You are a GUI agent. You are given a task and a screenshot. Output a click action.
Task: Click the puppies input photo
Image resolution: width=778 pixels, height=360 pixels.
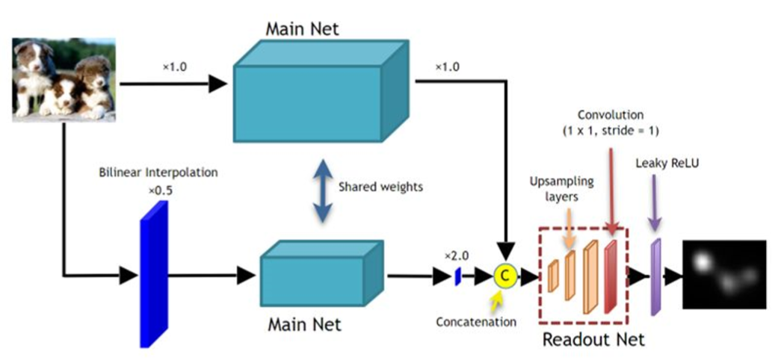click(64, 81)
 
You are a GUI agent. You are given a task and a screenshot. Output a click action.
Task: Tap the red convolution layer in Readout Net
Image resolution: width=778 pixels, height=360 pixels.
click(611, 276)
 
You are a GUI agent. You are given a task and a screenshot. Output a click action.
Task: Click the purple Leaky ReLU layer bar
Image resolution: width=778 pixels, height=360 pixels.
click(656, 276)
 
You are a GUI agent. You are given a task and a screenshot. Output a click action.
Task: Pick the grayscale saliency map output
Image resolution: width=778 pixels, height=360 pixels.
click(724, 274)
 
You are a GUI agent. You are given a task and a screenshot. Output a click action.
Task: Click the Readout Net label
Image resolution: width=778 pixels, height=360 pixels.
click(593, 339)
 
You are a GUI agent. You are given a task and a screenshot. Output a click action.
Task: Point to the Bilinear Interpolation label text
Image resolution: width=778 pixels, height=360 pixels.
click(158, 173)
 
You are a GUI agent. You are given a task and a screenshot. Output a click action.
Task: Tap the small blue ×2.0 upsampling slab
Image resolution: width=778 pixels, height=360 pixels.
click(457, 276)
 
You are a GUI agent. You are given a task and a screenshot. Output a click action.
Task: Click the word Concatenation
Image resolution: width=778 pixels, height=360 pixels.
click(476, 322)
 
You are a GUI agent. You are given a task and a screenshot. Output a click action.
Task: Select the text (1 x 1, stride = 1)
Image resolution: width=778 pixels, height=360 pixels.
click(610, 131)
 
